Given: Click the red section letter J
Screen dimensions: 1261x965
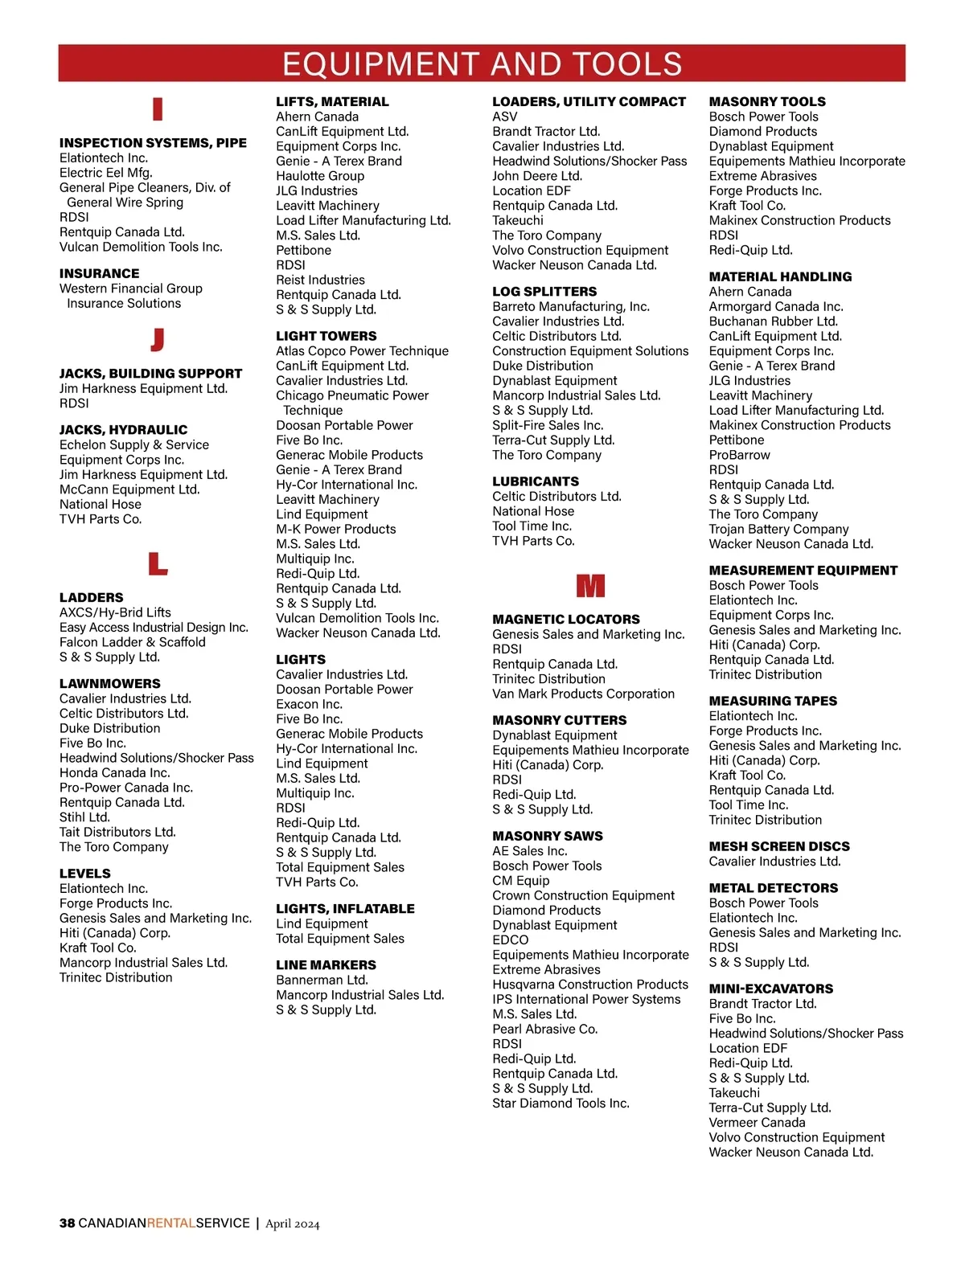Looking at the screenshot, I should pos(158,340).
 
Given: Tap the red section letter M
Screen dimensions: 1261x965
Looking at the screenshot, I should pos(590,586).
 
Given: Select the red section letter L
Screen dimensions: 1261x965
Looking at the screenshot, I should pos(158,563).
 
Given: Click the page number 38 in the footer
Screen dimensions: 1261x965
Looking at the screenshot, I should pos(68,1223).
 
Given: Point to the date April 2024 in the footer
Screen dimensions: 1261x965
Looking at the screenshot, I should pos(293,1224).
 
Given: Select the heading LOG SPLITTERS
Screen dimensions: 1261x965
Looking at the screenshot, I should pos(544,292).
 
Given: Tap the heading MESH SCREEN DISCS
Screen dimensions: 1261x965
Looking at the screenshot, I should pos(778,846).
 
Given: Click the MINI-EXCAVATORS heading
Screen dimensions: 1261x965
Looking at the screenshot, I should pos(770,989).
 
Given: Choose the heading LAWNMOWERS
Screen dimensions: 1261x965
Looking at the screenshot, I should pos(109,684).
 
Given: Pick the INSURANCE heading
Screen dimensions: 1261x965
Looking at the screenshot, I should pos(99,274).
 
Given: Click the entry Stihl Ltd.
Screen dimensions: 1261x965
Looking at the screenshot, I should pos(84,817).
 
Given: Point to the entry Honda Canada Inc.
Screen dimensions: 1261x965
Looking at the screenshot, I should pos(114,773).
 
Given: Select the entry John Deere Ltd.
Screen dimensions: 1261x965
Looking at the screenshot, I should pos(537,176).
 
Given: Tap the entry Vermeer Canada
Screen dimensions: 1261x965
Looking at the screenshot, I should pos(757,1123).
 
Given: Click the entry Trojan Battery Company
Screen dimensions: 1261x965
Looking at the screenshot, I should pos(778,529).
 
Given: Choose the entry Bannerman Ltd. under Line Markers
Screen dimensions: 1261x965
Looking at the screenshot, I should pos(322,980).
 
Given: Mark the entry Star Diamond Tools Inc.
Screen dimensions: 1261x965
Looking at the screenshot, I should pos(561,1103).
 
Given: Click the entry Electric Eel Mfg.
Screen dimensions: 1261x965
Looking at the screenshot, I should pos(105,173).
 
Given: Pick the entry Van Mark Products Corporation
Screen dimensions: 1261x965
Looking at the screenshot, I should pos(583,694).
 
